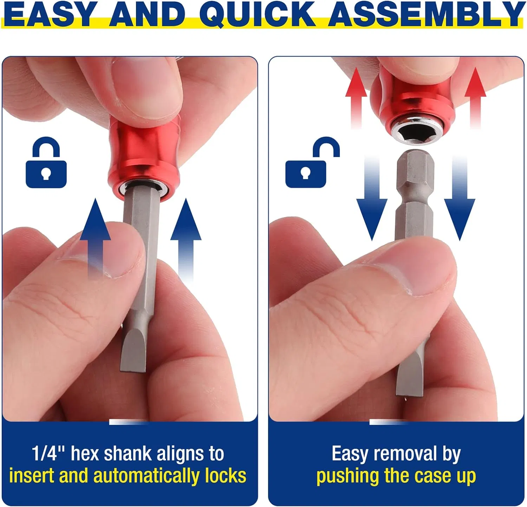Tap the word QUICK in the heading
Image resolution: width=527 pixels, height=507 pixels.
(258, 15)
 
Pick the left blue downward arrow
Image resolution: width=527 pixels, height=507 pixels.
(372, 204)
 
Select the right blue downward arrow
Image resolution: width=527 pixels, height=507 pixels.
(460, 204)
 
